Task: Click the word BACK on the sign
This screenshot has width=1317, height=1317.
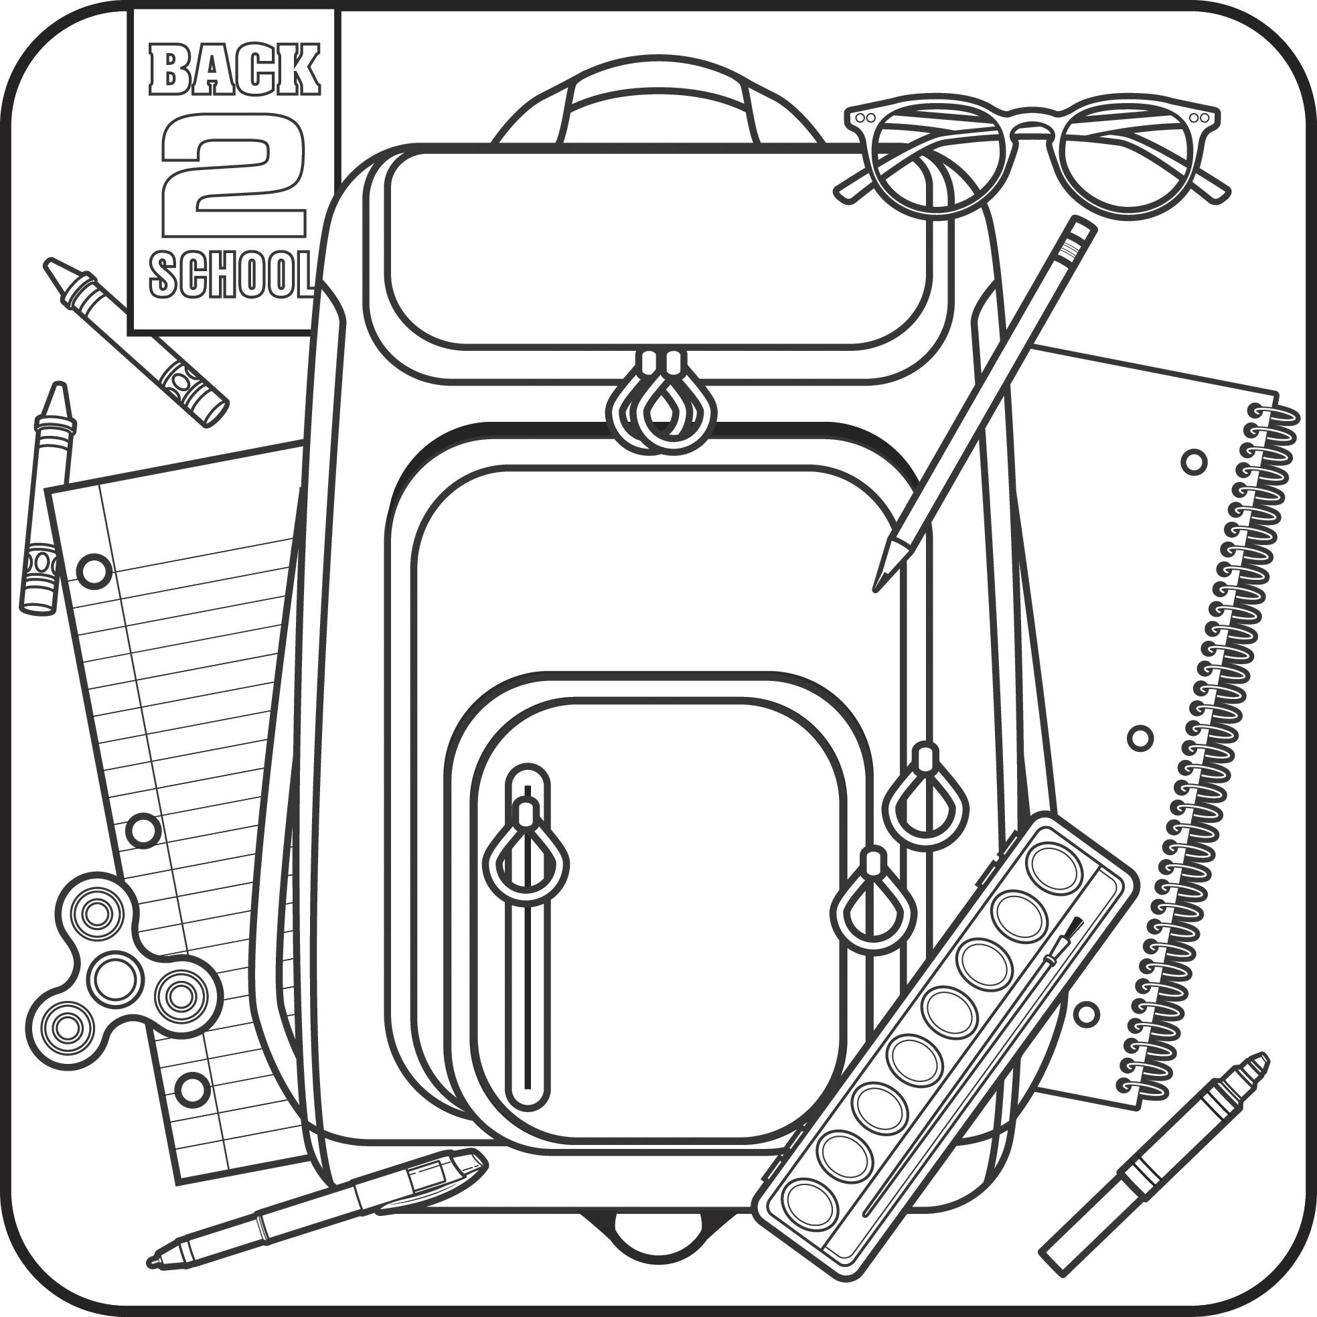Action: pyautogui.click(x=234, y=71)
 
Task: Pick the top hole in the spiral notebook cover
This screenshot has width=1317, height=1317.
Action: pyautogui.click(x=1194, y=462)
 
